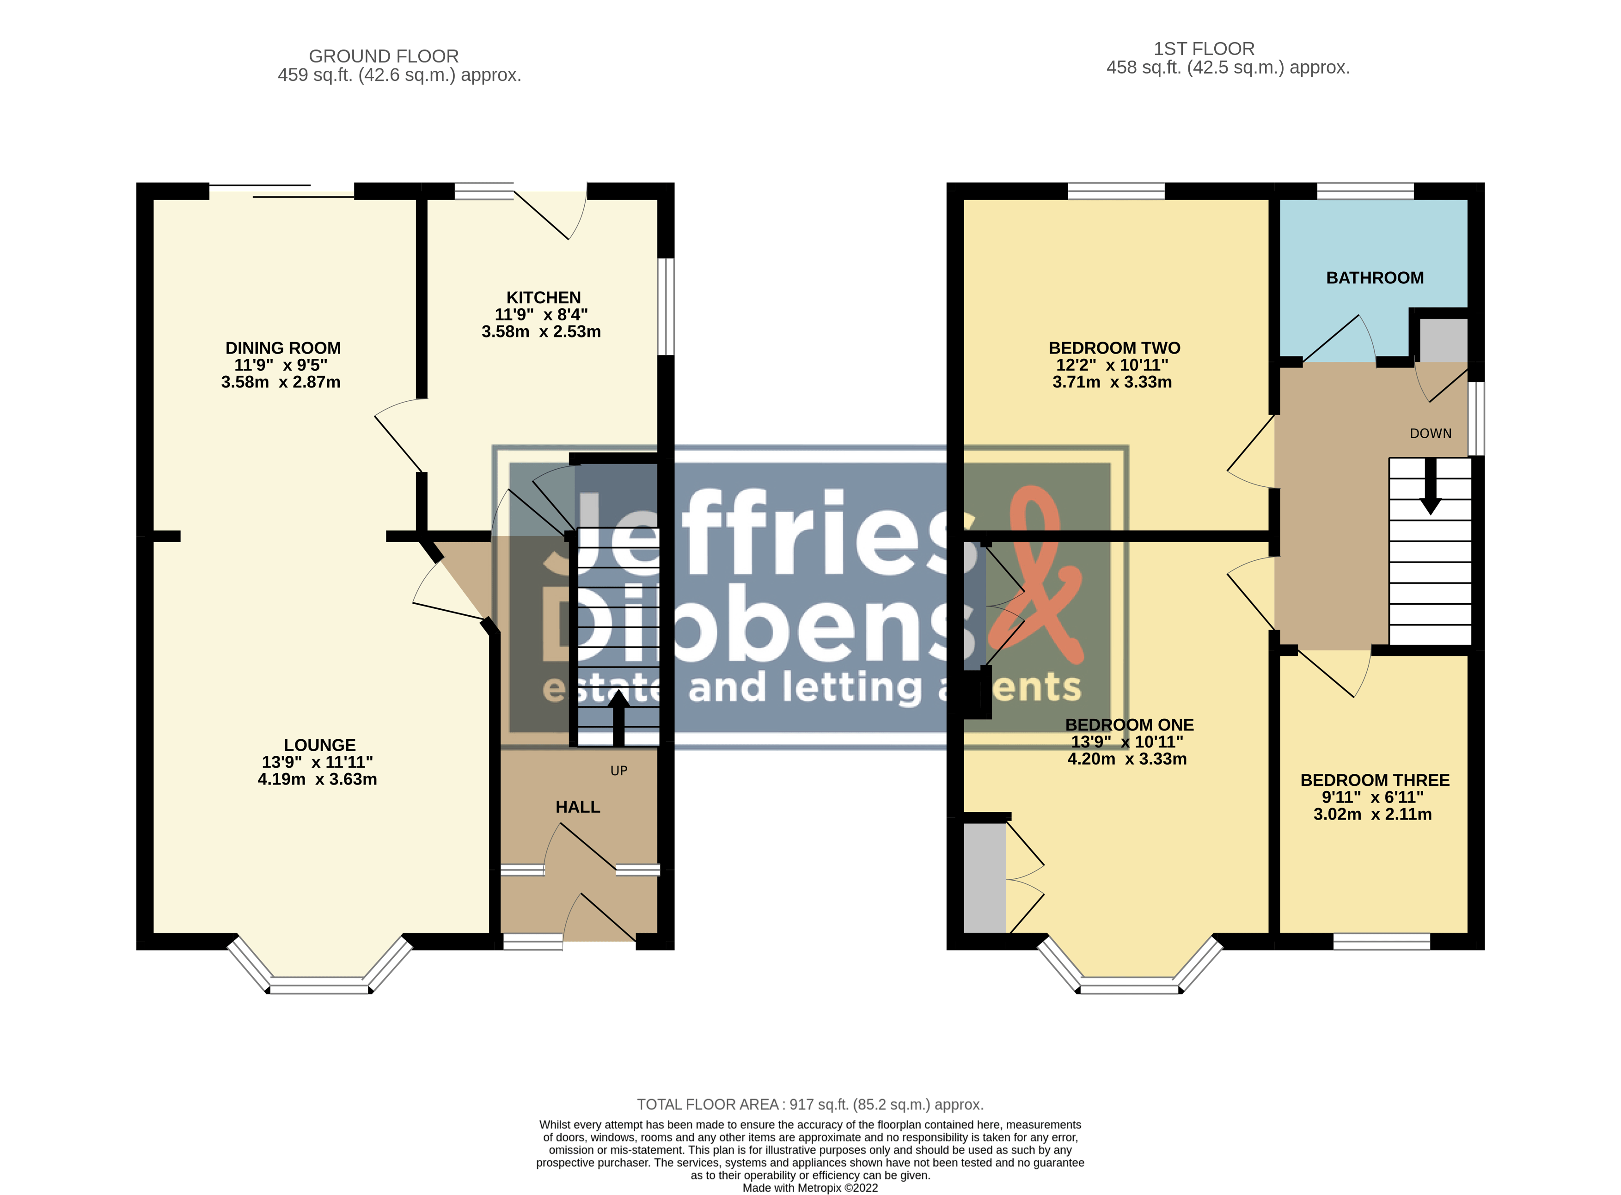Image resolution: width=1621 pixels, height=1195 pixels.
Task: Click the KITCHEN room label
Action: (x=543, y=297)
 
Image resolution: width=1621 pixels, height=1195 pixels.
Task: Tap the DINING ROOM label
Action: (x=283, y=348)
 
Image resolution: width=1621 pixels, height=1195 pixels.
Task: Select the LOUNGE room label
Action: (x=320, y=745)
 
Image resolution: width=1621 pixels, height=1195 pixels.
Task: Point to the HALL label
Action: (x=578, y=807)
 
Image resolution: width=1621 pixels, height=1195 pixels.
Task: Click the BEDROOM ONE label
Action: (x=1129, y=725)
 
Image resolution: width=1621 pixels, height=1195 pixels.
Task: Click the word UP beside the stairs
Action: (x=618, y=771)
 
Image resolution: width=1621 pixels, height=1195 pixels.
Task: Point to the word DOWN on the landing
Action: (x=1431, y=433)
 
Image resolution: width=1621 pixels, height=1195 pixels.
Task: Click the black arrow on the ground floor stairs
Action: (x=618, y=718)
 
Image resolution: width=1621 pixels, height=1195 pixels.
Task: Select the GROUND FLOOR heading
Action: (x=384, y=56)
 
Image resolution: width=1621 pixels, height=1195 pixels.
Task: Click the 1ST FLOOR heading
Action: (x=1205, y=49)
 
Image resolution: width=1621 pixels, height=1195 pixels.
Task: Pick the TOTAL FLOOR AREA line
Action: (x=810, y=1104)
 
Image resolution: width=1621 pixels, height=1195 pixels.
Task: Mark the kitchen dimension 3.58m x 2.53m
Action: (x=541, y=332)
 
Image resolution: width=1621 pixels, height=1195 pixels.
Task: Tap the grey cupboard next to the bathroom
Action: (x=1443, y=340)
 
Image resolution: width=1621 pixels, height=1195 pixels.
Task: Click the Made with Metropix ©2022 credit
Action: (x=810, y=1188)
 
